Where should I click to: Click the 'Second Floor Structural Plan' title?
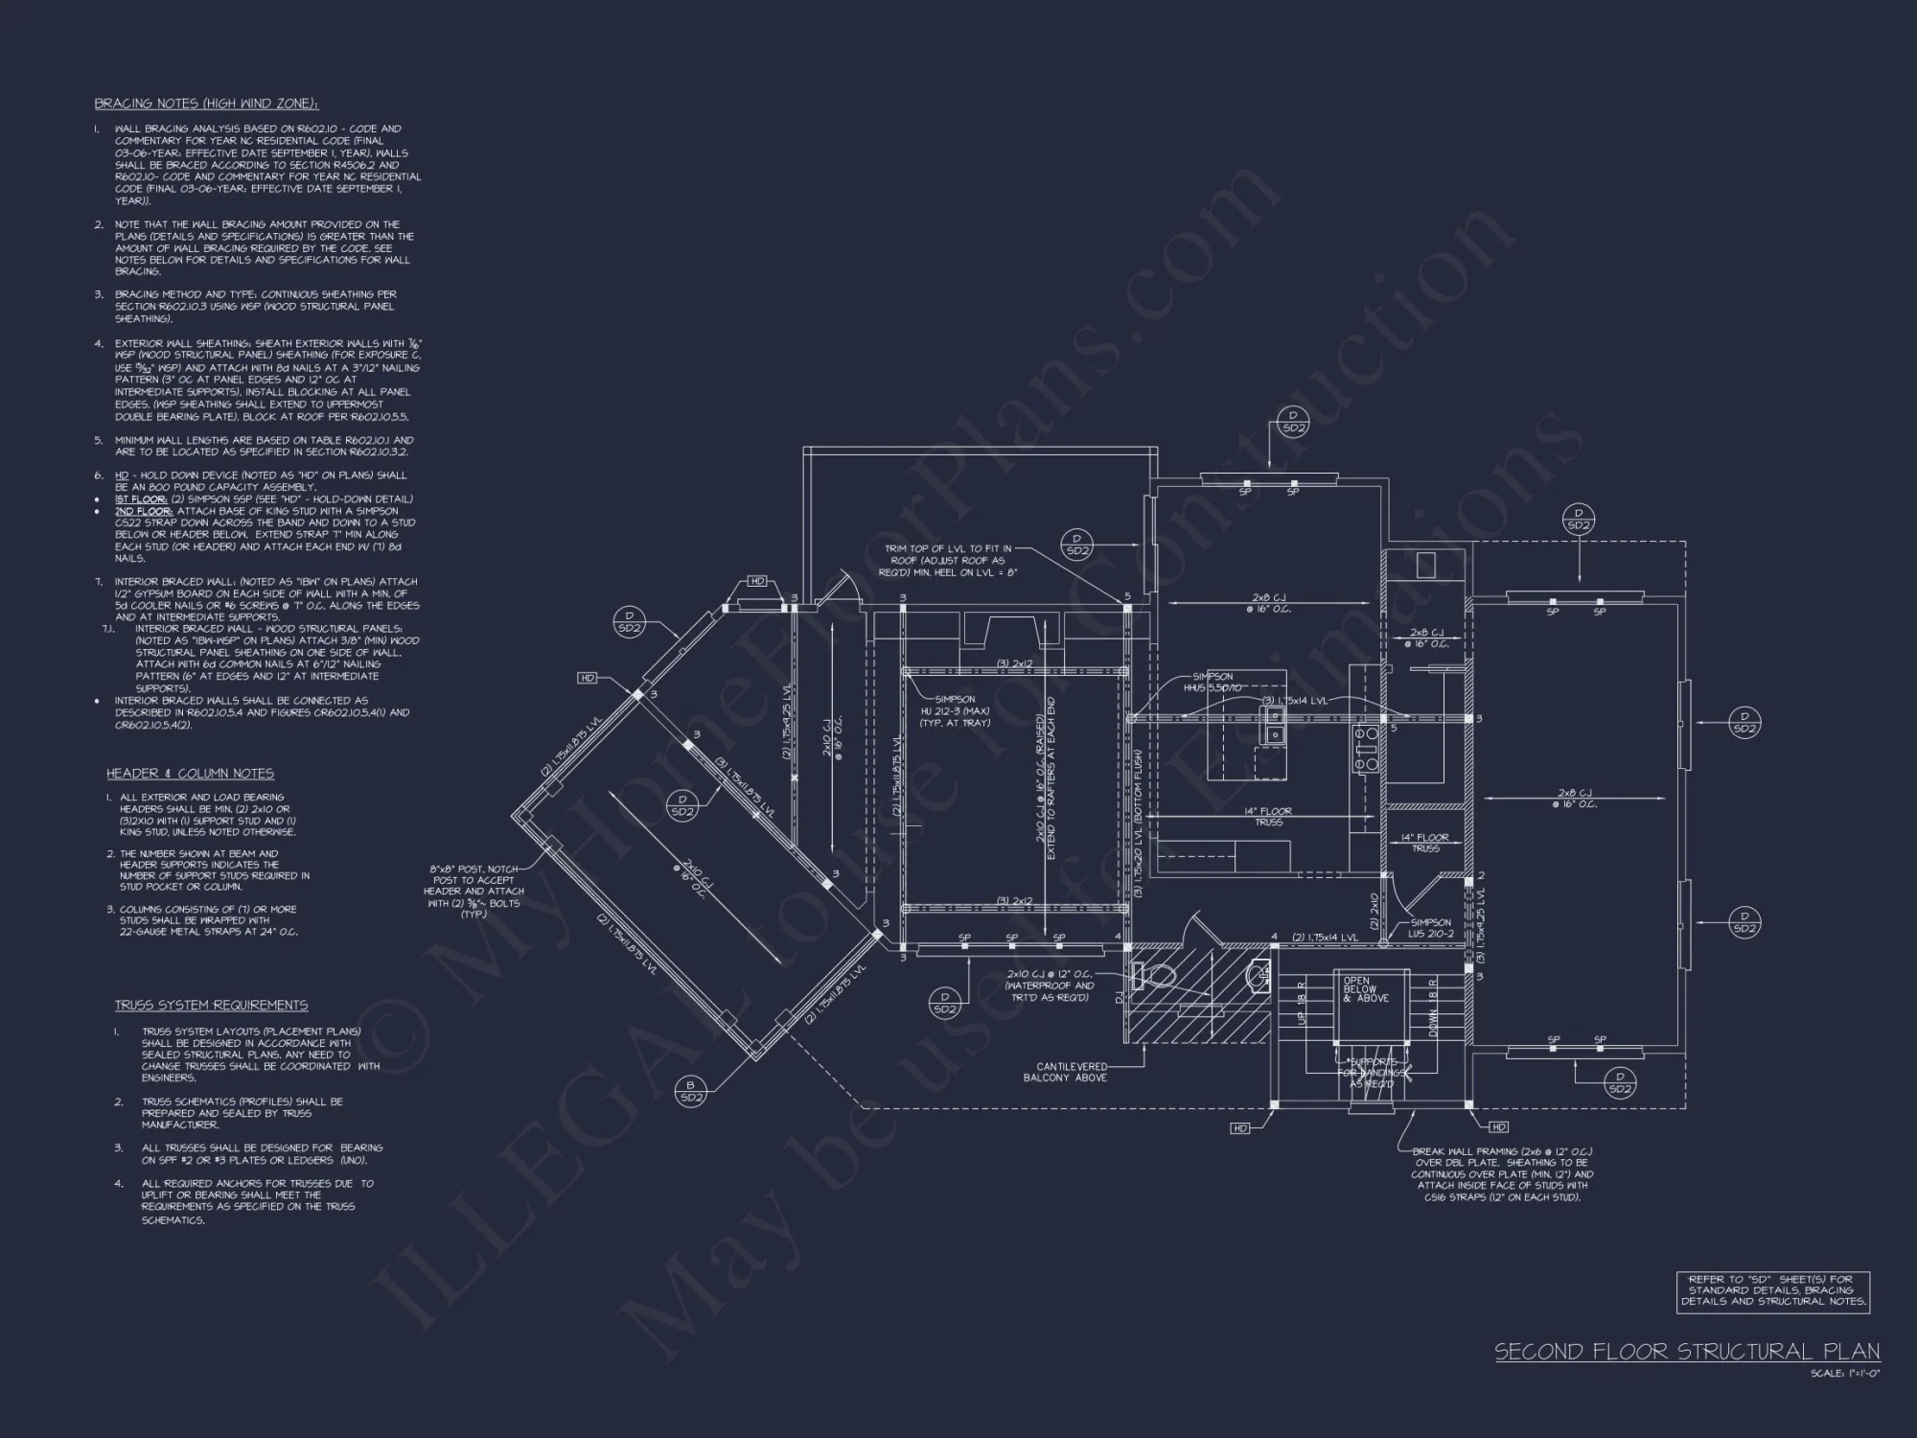[x=1687, y=1352]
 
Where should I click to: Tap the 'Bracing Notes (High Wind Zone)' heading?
[x=206, y=104]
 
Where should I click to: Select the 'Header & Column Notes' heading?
[x=191, y=774]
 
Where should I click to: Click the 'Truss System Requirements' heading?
[x=212, y=1005]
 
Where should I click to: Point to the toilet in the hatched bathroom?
[x=1155, y=976]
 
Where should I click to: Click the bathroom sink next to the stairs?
[x=1259, y=976]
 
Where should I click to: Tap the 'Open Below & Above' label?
[x=1360, y=989]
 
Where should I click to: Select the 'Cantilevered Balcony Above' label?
[x=1072, y=1072]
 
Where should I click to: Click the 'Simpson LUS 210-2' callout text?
[x=1430, y=928]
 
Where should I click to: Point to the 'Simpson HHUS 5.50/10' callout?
[x=1213, y=683]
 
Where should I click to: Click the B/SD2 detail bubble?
[x=691, y=1092]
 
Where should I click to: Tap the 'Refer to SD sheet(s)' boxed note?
[x=1773, y=1290]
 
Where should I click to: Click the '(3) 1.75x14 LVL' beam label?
[x=1294, y=701]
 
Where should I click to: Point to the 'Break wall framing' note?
[x=1502, y=1174]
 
